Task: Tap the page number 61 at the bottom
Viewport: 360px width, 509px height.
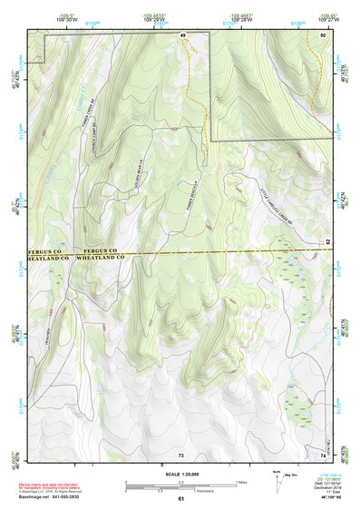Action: point(181,499)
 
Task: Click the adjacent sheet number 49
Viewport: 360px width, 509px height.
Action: point(181,34)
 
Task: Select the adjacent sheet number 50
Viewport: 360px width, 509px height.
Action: point(324,34)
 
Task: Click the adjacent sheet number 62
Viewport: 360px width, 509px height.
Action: point(327,241)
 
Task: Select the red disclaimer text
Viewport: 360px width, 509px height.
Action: point(63,484)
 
